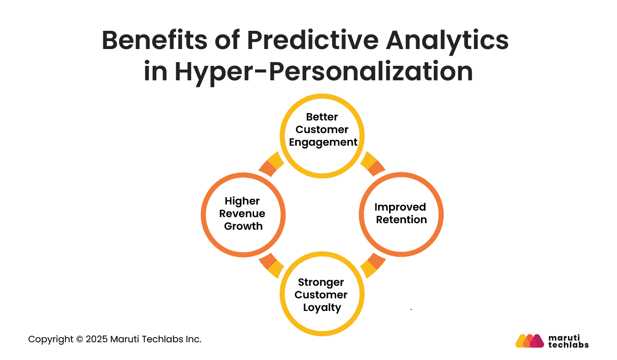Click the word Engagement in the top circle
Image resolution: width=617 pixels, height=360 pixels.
(323, 142)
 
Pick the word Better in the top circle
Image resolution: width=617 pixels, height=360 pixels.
(322, 117)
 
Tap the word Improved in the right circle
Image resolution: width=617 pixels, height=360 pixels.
(400, 207)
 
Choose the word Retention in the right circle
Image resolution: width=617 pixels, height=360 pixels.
(401, 220)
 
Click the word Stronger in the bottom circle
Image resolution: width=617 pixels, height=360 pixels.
(321, 282)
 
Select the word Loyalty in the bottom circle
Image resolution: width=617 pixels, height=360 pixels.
(322, 308)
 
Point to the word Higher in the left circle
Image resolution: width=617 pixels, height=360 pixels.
(242, 201)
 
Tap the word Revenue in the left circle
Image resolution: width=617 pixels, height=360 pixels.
(242, 214)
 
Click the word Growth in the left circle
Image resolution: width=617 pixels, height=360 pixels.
(243, 226)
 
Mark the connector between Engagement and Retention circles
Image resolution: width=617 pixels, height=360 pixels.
(373, 164)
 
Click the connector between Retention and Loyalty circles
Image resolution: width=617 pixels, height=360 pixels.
(373, 266)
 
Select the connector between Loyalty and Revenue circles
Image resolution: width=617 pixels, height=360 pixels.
(271, 266)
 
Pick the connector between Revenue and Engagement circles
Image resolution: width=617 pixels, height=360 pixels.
(271, 164)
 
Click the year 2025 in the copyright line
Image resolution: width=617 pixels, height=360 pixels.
(97, 339)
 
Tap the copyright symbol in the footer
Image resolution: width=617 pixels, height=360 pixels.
(79, 339)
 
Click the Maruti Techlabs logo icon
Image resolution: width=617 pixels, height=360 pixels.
(530, 341)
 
